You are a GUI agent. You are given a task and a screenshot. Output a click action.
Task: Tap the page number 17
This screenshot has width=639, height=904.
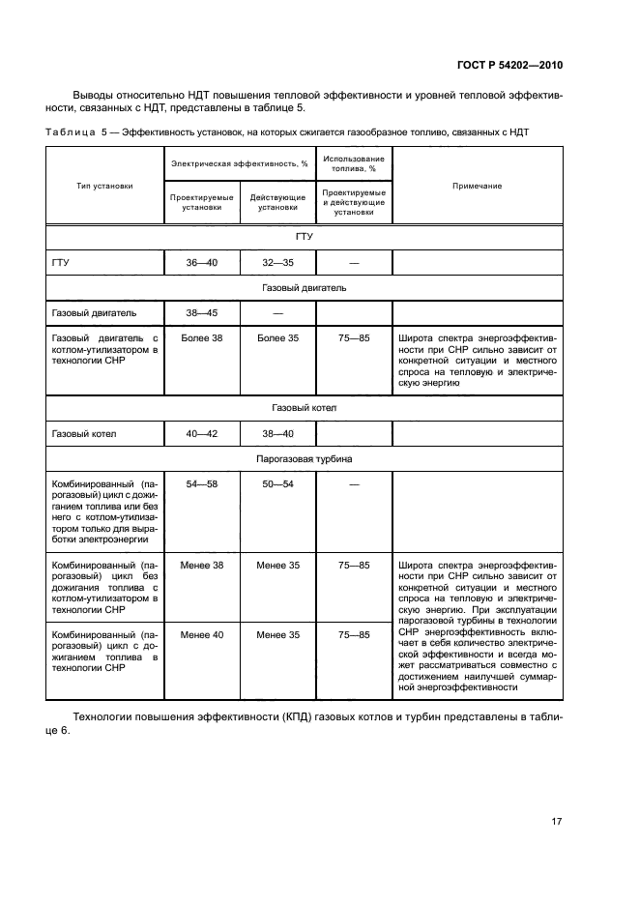[556, 822]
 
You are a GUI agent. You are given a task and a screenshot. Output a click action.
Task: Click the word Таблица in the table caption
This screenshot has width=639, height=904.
[72, 131]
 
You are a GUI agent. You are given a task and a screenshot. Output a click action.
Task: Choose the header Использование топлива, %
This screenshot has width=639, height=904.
[354, 163]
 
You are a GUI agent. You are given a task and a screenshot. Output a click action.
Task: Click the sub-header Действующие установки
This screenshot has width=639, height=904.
[278, 201]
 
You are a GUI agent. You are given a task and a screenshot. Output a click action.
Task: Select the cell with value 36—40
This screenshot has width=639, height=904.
[203, 262]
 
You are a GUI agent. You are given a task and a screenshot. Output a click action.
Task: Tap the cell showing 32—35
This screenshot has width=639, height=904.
[278, 262]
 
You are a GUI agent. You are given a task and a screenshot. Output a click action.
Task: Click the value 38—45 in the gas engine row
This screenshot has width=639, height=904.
[203, 312]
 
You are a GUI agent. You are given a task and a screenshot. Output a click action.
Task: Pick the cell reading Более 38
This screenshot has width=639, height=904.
[203, 338]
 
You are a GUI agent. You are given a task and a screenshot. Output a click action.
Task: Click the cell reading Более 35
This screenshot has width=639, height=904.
[278, 338]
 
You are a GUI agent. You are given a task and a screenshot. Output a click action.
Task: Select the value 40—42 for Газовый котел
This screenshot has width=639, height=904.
[203, 434]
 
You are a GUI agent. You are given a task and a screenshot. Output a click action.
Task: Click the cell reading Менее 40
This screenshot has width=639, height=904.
[203, 634]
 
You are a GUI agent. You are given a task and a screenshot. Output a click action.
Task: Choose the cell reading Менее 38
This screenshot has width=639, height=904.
[203, 565]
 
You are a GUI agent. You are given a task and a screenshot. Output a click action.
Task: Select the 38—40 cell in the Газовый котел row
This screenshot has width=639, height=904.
[278, 434]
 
